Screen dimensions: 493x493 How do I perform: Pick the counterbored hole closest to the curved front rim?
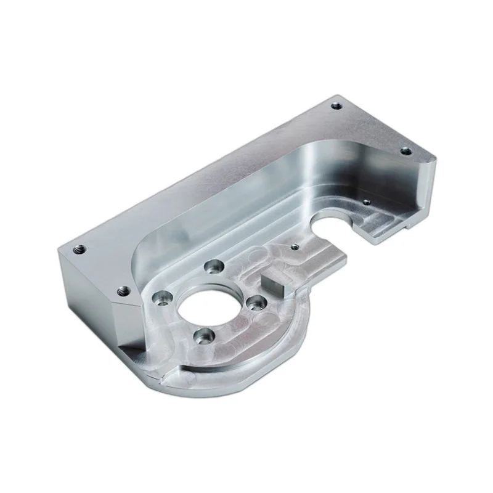(x=203, y=336)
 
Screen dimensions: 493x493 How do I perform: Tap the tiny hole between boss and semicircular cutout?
(x=295, y=246)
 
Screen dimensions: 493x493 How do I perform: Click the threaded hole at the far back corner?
(x=336, y=106)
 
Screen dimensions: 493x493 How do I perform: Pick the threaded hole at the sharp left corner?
(x=79, y=250)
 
